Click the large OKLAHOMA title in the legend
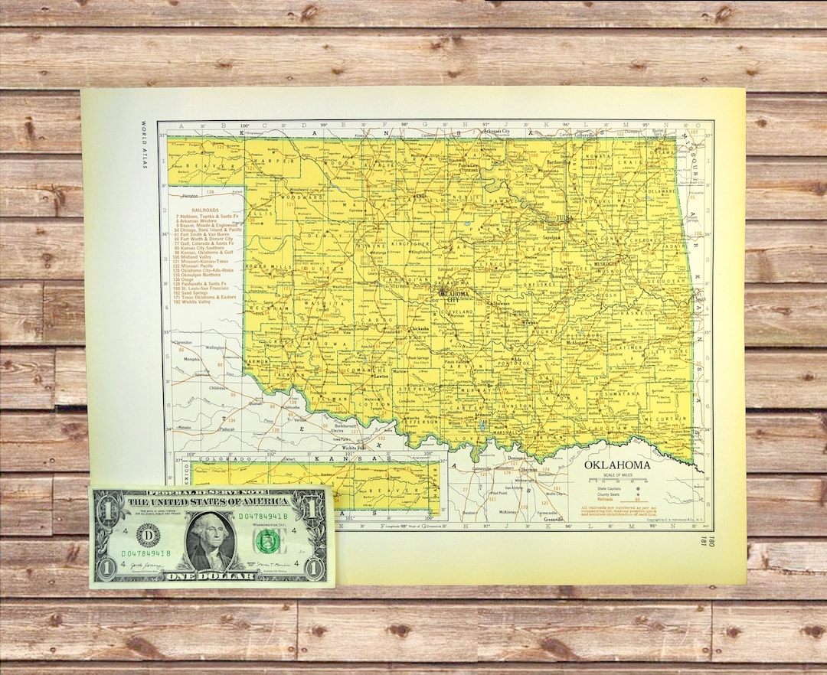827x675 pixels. pos(617,465)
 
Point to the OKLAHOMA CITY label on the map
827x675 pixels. pos(453,296)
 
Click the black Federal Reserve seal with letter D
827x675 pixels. pos(148,533)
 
